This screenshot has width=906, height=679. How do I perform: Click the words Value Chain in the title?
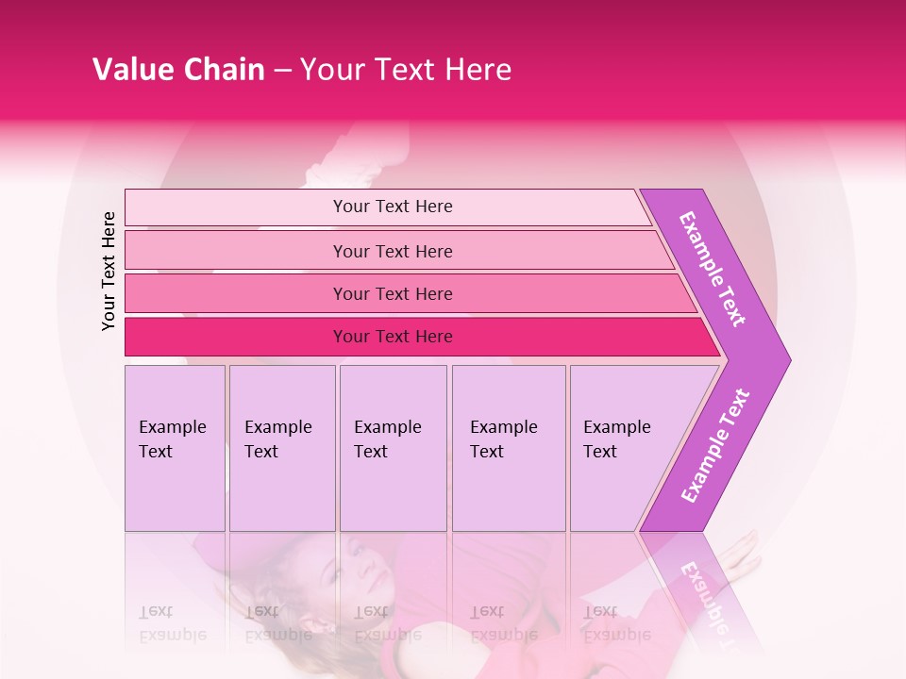click(178, 70)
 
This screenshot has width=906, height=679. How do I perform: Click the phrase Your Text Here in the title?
click(406, 70)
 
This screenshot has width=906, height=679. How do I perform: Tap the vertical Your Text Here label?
click(109, 271)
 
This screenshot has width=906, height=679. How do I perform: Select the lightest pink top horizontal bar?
click(392, 207)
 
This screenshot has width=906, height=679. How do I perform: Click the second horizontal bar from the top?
click(392, 251)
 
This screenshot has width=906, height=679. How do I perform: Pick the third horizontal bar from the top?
click(392, 293)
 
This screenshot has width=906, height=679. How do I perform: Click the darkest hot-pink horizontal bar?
click(392, 337)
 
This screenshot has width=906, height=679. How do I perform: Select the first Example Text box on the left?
click(175, 447)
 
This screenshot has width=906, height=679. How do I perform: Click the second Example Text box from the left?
click(282, 447)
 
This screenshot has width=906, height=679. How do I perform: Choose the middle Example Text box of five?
click(393, 447)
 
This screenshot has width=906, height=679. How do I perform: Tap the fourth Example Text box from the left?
click(508, 447)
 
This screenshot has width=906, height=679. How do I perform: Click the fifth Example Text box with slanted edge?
click(628, 447)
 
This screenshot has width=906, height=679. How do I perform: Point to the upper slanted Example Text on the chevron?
click(713, 269)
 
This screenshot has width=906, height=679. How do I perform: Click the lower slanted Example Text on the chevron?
click(714, 445)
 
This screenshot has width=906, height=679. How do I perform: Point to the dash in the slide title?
click(282, 71)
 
